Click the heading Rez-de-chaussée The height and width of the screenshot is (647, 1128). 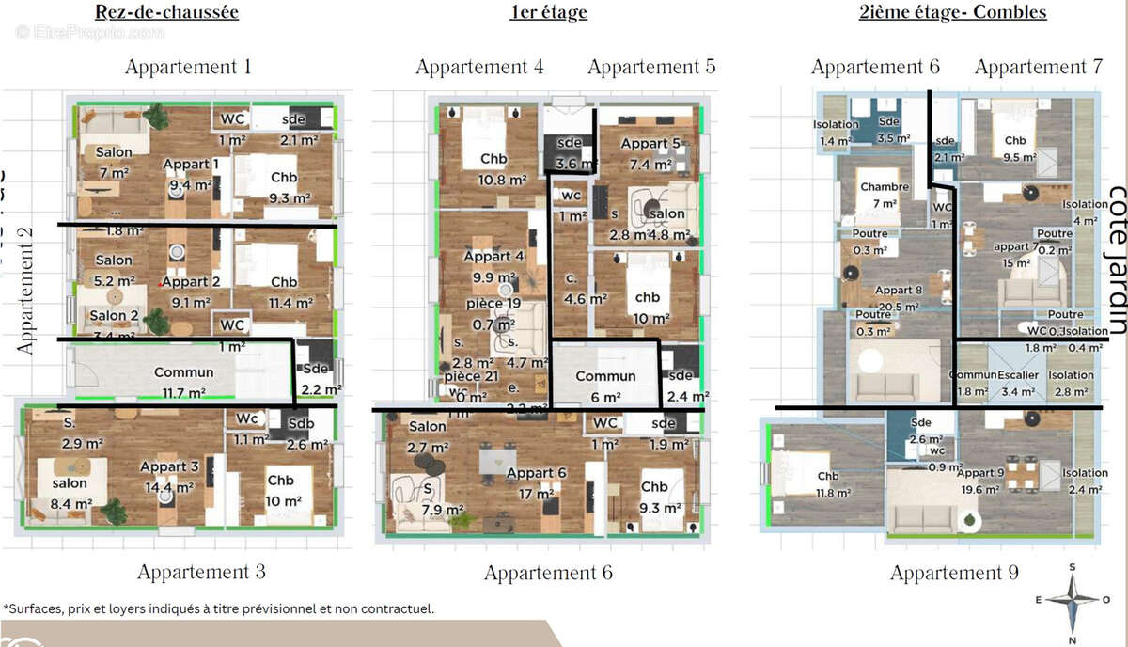(166, 12)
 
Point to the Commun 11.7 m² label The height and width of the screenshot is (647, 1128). (184, 380)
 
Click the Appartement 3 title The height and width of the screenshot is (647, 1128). (201, 572)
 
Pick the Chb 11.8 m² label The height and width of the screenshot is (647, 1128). (827, 483)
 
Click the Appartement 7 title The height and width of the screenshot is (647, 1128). (1038, 67)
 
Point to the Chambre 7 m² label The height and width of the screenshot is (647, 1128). (884, 195)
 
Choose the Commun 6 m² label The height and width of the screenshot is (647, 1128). (605, 384)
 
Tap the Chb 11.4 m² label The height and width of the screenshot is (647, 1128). (284, 291)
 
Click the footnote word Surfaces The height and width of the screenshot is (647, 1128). (36, 609)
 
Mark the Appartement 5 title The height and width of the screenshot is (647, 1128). (651, 67)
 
